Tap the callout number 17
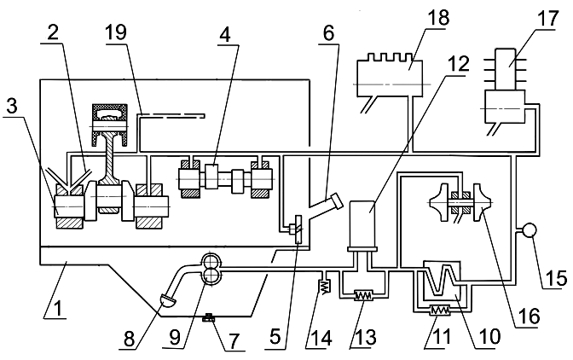[548, 18]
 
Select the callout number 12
[458, 64]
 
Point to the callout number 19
[116, 32]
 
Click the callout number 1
[56, 308]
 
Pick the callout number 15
[557, 277]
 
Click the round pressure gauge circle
[529, 230]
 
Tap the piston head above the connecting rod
[110, 118]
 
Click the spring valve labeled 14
[326, 286]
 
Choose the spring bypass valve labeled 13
[363, 295]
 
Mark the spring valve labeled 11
[440, 311]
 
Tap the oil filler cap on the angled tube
[336, 202]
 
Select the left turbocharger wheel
[439, 202]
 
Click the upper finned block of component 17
[506, 69]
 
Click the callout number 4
[225, 36]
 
